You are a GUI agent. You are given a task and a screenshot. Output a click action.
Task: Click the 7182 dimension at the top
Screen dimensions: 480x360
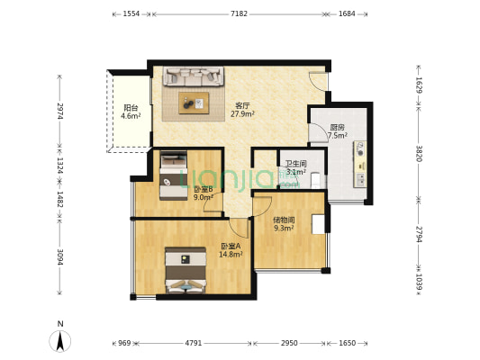point(239,13)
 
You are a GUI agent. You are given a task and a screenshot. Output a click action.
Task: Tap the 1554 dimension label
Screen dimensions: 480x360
point(131,13)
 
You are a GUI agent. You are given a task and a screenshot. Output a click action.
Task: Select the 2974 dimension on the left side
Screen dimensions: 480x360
point(60,111)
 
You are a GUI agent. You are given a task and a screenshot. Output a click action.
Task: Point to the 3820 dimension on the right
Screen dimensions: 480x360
point(419,153)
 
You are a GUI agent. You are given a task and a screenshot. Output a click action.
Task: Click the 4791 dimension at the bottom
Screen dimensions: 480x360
point(194,343)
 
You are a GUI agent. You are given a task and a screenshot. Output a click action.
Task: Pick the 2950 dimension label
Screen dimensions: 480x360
point(289,343)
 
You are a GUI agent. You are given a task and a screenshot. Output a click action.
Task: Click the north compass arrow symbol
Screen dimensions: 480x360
point(60,341)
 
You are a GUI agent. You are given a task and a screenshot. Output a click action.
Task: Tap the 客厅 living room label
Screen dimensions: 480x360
point(242,106)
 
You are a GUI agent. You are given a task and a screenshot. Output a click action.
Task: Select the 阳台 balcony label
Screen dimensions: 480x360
point(131,108)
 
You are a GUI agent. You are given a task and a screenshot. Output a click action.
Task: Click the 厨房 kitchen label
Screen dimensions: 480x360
point(337,127)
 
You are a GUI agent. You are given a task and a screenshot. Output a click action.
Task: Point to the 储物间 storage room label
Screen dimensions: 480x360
point(284,220)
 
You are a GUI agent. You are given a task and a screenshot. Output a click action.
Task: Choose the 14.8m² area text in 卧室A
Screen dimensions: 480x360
point(231,254)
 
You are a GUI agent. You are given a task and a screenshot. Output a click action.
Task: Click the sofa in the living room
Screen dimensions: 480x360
point(193,76)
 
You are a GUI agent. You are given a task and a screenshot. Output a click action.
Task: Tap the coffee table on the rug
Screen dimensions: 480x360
point(194,103)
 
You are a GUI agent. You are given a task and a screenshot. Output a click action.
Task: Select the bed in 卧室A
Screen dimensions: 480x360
point(186,270)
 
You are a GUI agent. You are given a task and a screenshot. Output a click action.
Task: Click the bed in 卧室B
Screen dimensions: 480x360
point(174,175)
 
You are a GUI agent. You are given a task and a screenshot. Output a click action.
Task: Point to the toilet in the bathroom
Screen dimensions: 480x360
point(315,180)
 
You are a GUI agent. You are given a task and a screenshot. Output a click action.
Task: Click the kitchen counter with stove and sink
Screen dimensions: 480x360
point(360,164)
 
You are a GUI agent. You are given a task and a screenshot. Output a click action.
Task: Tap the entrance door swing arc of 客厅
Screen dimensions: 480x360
point(317,82)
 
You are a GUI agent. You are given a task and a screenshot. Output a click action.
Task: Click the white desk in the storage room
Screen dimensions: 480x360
point(319,224)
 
